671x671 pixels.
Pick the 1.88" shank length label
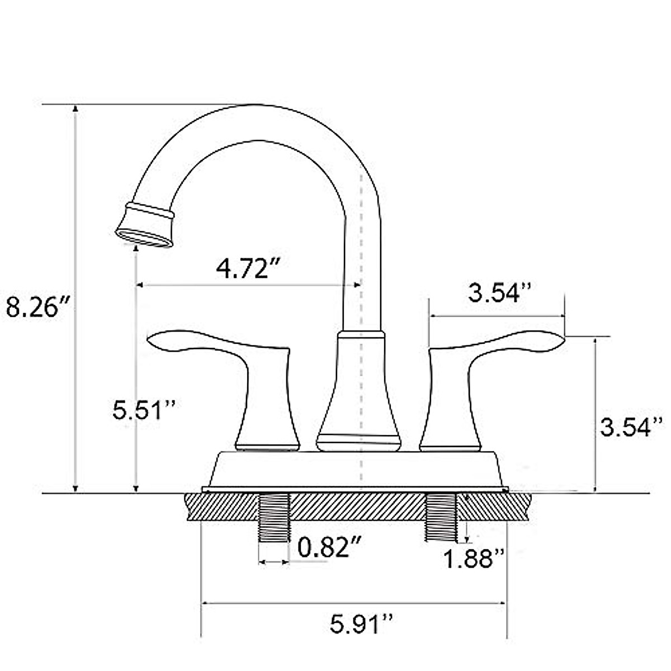(474, 557)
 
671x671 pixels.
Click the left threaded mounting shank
(275, 518)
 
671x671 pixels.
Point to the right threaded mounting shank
(441, 518)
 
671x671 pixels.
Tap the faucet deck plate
(356, 470)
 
